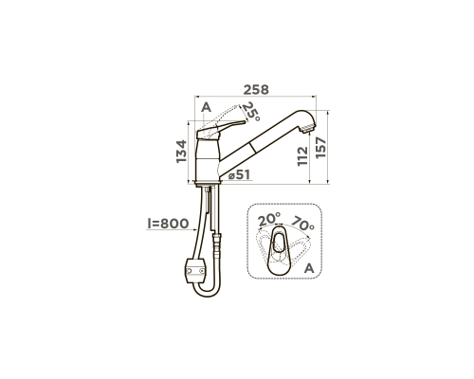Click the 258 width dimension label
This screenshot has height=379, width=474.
coord(256,90)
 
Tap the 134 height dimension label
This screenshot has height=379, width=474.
coord(181,152)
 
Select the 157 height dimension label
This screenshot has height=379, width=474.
coord(320,148)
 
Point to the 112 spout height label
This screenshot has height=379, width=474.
coord(302,155)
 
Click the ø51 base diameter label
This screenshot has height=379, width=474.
coord(239,174)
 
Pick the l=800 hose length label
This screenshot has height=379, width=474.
coord(168,224)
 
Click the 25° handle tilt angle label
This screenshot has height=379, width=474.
coord(251,112)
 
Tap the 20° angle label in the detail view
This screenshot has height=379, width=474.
coord(269,219)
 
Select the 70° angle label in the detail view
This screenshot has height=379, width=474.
coord(302,224)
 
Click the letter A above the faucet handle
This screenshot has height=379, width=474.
coord(206,107)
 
